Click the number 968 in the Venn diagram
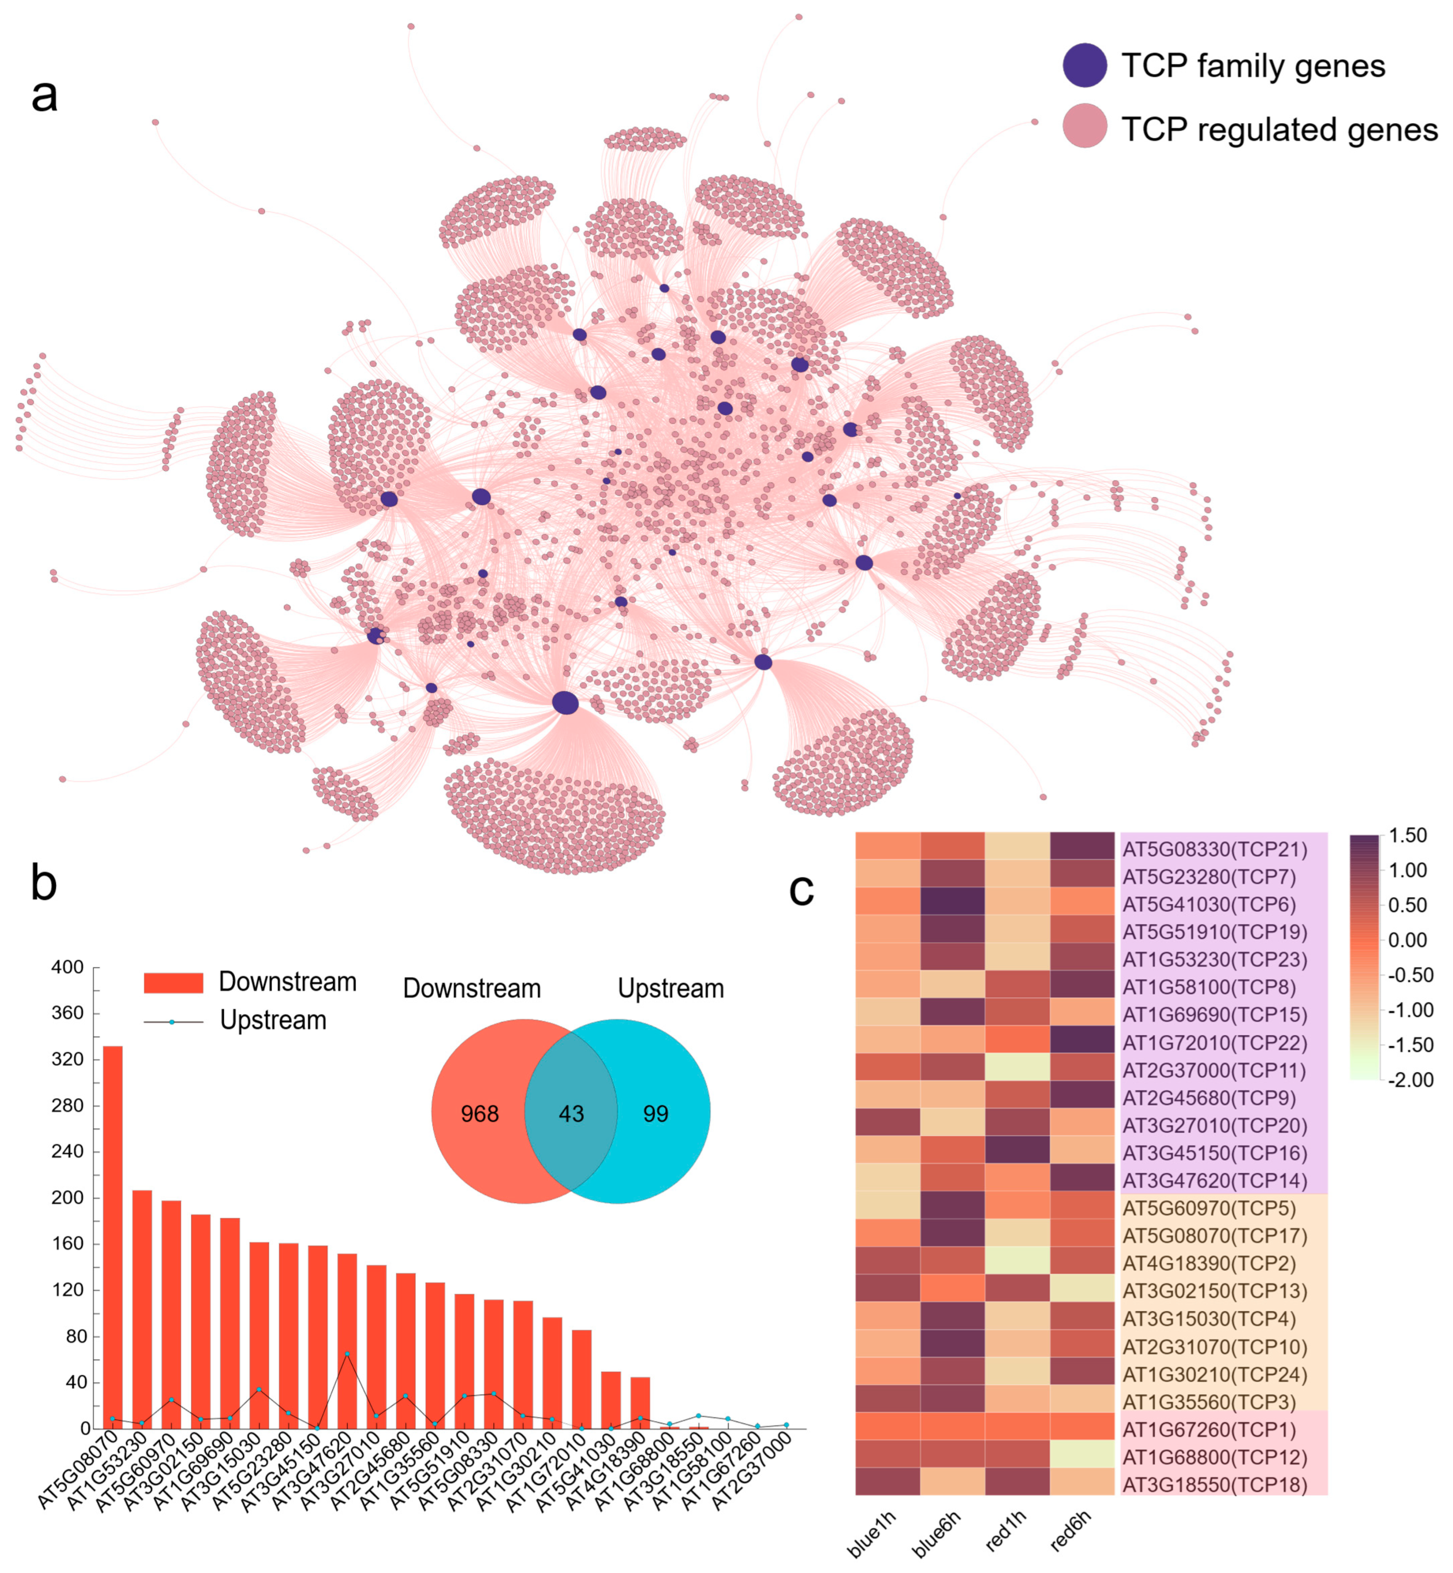(480, 1114)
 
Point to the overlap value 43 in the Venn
(571, 1114)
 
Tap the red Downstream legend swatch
(173, 982)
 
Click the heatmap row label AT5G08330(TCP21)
(1214, 850)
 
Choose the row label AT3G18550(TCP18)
(1214, 1485)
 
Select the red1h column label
(1006, 1532)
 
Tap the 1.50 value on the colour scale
(1407, 835)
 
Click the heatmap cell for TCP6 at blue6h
(952, 901)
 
